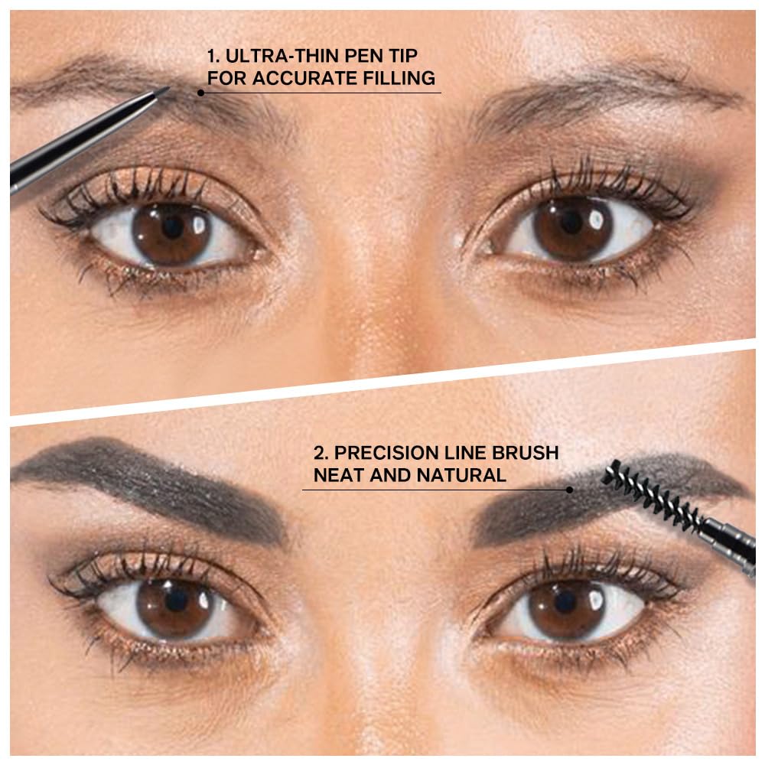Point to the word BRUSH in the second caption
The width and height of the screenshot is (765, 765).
(529, 453)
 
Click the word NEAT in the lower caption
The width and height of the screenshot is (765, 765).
(338, 475)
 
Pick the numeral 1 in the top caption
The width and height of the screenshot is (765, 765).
(212, 57)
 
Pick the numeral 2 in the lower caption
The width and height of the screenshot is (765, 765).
(318, 453)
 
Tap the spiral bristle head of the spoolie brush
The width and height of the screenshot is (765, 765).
(649, 496)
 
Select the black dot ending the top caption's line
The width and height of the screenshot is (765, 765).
(200, 93)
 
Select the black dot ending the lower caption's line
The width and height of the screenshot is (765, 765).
(570, 490)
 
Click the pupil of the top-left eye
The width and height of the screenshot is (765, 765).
(173, 226)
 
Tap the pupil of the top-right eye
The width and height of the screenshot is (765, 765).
(570, 221)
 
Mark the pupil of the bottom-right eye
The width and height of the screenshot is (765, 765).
(566, 599)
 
